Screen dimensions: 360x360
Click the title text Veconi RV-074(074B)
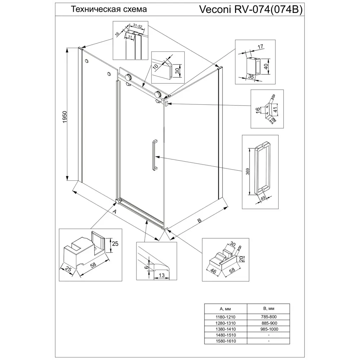pos(251,10)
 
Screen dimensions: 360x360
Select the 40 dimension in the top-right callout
pos(266,66)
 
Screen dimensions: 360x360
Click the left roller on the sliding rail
pos(128,77)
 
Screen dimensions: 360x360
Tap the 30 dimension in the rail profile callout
pos(177,70)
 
